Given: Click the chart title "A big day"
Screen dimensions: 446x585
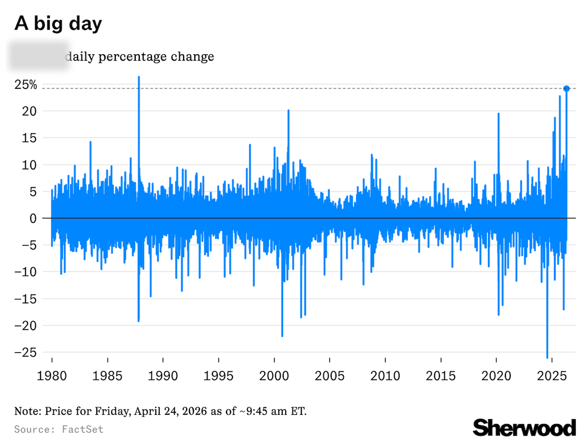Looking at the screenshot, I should click(x=58, y=23).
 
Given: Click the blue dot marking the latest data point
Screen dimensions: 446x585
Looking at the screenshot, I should click(x=566, y=88).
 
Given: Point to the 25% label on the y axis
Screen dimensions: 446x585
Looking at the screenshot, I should click(x=26, y=85).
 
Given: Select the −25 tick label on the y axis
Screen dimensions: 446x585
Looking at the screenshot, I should click(x=26, y=352).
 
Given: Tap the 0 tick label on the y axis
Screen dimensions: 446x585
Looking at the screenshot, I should click(x=33, y=218).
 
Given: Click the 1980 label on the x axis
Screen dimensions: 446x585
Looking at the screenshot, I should click(x=52, y=376).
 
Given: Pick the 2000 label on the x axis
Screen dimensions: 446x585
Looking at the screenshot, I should click(x=274, y=376).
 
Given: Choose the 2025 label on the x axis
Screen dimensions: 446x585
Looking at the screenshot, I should click(x=551, y=376).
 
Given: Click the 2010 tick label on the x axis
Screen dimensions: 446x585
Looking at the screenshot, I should click(x=385, y=376).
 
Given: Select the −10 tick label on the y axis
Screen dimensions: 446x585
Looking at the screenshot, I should click(x=26, y=272).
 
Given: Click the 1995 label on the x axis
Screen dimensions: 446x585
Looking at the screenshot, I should click(x=218, y=376).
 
